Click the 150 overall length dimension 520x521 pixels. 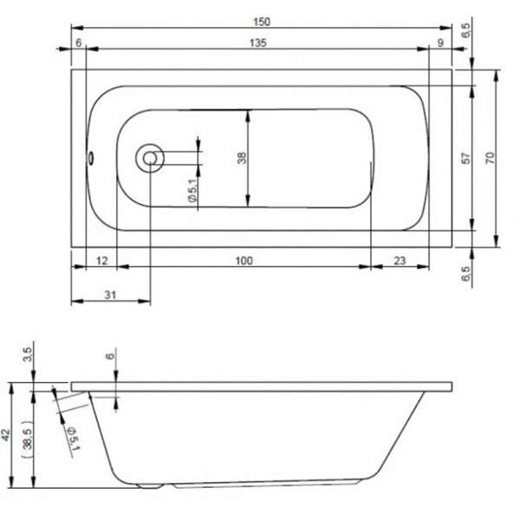click(x=262, y=22)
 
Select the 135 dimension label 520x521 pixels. click(x=258, y=42)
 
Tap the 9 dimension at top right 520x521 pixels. click(x=440, y=42)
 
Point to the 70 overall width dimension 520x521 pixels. click(x=490, y=157)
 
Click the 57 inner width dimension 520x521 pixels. click(x=466, y=158)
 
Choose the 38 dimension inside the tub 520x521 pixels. click(x=242, y=158)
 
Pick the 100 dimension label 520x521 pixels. click(x=244, y=261)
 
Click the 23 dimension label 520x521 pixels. click(x=400, y=261)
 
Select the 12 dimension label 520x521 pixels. click(x=102, y=261)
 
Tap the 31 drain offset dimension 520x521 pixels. click(x=110, y=295)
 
